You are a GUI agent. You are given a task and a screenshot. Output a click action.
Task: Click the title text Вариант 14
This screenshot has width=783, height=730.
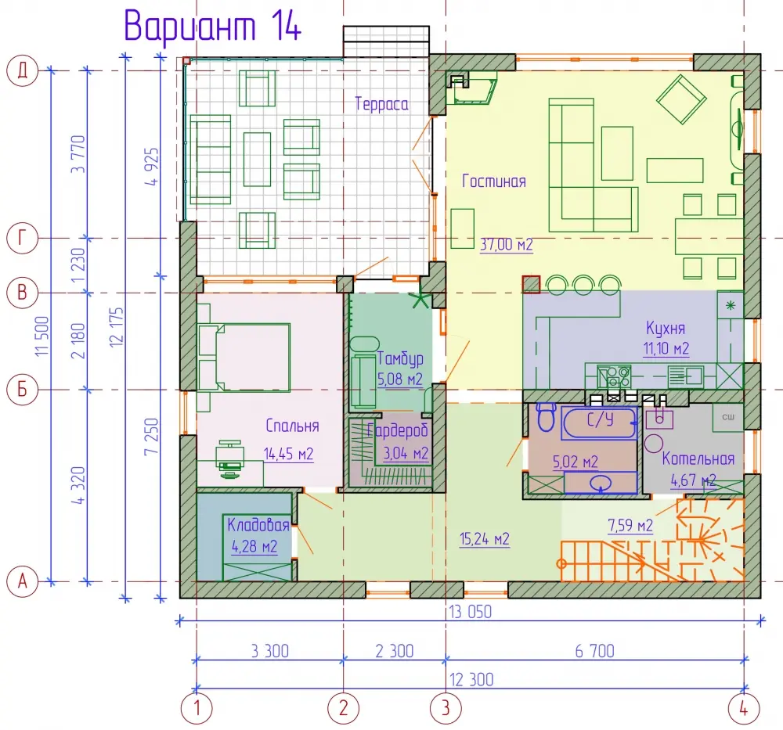coord(213,25)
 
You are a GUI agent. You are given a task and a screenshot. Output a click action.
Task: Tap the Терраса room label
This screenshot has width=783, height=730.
coord(381,104)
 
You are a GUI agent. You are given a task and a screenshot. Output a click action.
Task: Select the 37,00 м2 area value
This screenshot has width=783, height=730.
coord(507,244)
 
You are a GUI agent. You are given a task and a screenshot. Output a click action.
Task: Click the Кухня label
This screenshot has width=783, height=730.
coord(665,329)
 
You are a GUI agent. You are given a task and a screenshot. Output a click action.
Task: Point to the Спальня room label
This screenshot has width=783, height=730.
coord(292,426)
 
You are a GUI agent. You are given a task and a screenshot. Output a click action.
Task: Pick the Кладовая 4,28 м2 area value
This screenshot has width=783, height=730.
coord(254,546)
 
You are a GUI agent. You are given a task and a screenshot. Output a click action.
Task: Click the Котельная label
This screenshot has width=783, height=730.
coord(698,458)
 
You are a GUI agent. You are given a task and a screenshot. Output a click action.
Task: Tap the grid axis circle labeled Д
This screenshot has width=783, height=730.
coord(23,71)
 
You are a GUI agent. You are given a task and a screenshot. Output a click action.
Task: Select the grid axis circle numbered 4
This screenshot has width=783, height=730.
coord(744,708)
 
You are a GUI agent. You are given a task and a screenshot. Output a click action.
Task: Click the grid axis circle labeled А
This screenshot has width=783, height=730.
coord(23,581)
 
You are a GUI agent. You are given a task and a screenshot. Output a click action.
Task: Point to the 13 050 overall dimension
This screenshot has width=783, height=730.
coord(470,612)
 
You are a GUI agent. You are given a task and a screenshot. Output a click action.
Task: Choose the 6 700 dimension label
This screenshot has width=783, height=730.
coord(595,651)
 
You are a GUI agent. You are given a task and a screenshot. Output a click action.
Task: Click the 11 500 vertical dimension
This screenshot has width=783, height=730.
coord(42,336)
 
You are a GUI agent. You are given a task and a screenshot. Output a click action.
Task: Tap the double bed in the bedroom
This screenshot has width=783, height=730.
coord(244,357)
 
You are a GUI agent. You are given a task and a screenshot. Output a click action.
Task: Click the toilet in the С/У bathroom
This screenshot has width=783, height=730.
coord(547,416)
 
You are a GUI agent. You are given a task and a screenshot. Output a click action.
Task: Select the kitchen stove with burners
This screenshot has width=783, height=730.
coord(614,376)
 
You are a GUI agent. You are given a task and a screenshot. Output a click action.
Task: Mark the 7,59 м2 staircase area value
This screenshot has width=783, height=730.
coord(630,526)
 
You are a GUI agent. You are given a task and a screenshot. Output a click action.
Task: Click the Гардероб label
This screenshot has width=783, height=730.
coord(398,430)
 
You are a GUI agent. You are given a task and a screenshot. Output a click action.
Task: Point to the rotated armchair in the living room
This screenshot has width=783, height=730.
coord(681,99)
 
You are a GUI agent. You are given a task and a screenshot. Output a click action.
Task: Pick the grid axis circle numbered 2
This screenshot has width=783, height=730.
coord(343,708)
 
